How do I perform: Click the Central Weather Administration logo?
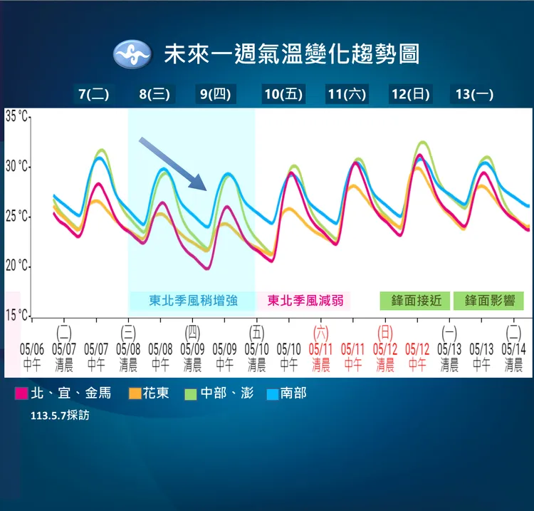pyautogui.click(x=132, y=54)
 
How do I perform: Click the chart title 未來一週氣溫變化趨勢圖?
pyautogui.click(x=292, y=54)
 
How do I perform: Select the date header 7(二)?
pyautogui.click(x=94, y=94)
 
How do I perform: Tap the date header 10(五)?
pyautogui.click(x=283, y=94)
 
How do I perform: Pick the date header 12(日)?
pyautogui.click(x=410, y=94)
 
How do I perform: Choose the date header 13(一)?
pyautogui.click(x=474, y=94)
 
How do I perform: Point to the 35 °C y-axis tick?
pyautogui.click(x=17, y=116)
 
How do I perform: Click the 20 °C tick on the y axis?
pyautogui.click(x=17, y=266)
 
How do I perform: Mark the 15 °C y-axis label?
pyautogui.click(x=17, y=315)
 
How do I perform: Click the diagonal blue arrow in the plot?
pyautogui.click(x=173, y=164)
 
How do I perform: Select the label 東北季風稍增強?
pyautogui.click(x=192, y=301)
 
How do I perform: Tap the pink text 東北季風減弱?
pyautogui.click(x=303, y=301)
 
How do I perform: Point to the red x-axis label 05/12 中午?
pyautogui.click(x=417, y=356)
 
